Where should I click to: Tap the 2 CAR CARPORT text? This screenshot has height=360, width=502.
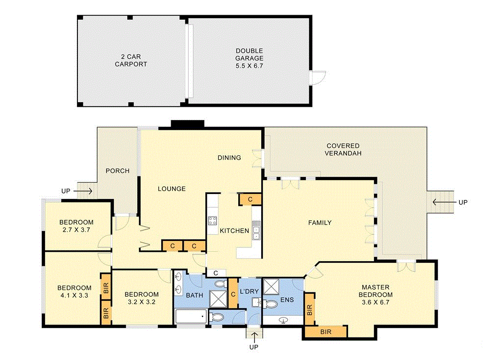tap(131, 60)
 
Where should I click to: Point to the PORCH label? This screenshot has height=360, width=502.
tap(118, 171)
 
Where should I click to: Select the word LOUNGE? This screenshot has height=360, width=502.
tap(172, 189)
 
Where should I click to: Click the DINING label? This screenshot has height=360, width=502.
tap(229, 158)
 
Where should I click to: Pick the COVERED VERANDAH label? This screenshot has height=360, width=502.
tap(343, 149)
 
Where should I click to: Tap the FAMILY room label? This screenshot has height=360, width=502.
tap(320, 223)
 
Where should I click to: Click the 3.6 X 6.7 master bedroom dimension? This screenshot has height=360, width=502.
tap(376, 302)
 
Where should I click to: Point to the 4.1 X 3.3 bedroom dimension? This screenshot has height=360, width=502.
tap(74, 295)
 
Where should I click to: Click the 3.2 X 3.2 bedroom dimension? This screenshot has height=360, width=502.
tap(141, 302)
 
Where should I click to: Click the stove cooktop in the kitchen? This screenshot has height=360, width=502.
tap(212, 220)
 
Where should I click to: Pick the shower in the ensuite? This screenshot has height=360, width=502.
tap(271, 286)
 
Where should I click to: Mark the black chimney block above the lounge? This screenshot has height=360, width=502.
tap(187, 124)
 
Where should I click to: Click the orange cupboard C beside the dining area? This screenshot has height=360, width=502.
tap(250, 199)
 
